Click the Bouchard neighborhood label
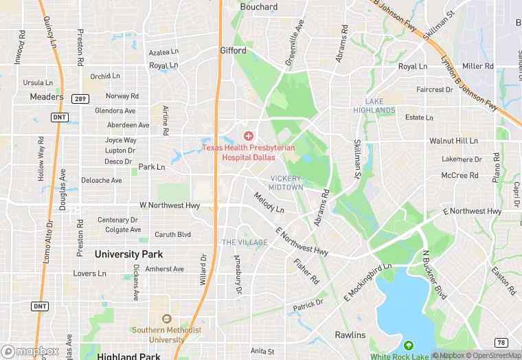point(259,7)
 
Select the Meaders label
point(47,97)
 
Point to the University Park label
point(128,254)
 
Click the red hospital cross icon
point(249,137)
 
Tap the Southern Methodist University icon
point(166,319)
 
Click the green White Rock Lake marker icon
point(409,346)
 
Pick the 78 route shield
point(501,342)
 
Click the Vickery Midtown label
point(286,183)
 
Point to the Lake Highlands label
point(374,106)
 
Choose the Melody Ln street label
point(269,203)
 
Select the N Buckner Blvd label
point(433,275)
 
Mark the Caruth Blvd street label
point(172,234)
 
